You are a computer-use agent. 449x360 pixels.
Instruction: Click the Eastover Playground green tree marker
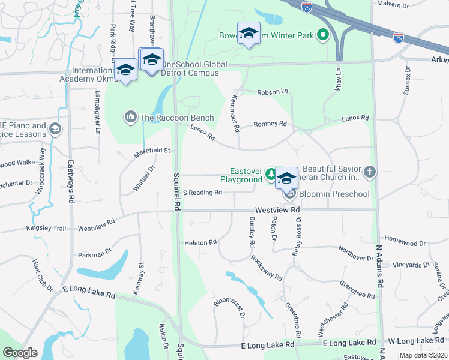click(271, 175)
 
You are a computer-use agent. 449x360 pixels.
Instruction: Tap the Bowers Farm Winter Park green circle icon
click(323, 35)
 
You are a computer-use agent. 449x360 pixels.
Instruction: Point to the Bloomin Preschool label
click(334, 194)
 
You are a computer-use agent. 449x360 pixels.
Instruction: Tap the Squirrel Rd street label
click(176, 191)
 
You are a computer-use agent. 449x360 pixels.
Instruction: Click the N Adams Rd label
click(379, 266)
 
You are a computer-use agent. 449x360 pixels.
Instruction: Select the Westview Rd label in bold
click(277, 210)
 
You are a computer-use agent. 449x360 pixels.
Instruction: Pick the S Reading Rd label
click(203, 193)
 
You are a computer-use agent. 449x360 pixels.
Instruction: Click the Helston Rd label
click(200, 242)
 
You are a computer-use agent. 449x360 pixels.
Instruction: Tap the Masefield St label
click(152, 151)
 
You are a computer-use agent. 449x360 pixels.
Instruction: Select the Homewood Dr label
click(405, 244)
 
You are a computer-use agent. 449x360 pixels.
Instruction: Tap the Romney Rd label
click(270, 124)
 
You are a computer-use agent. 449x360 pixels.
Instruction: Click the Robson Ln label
click(273, 92)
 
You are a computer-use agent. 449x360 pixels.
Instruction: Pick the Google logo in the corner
click(20, 353)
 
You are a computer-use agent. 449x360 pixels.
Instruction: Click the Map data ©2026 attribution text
click(423, 355)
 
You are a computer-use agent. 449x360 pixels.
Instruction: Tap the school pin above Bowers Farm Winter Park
click(249, 34)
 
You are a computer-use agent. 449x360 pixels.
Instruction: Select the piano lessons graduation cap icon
click(55, 128)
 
